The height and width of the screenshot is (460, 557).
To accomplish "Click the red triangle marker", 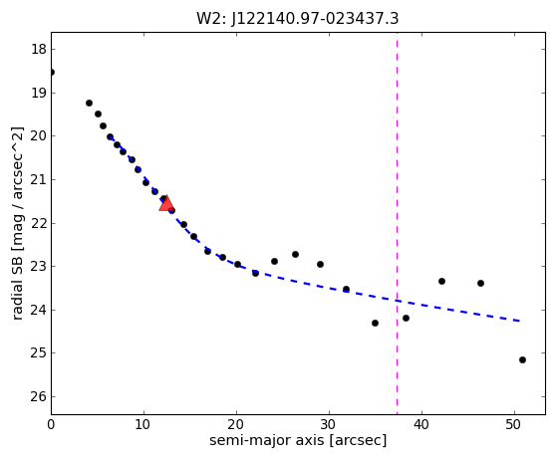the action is (x=166, y=204).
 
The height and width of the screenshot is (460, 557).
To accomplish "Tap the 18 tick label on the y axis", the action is (x=39, y=50).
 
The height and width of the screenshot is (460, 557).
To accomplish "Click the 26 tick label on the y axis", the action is (x=39, y=397).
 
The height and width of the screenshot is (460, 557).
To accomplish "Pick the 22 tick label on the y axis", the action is (x=39, y=223).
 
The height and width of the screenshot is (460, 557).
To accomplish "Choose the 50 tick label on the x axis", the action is (x=514, y=424).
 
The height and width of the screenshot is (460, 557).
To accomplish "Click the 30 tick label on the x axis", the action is (x=329, y=424).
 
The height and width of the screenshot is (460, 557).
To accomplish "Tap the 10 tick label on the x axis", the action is (x=143, y=424).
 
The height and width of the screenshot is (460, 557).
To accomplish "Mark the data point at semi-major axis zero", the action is (x=52, y=73).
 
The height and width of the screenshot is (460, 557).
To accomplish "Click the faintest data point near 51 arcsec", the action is (x=522, y=359).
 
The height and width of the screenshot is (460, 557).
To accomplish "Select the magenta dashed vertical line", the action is (x=397, y=223).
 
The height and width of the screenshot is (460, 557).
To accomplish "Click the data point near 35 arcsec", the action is (x=375, y=323).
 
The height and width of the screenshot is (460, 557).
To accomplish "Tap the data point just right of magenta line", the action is (x=406, y=318).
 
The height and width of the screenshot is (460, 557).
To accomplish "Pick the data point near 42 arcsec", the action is (x=441, y=281).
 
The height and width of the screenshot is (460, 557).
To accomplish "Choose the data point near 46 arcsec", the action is (x=480, y=283).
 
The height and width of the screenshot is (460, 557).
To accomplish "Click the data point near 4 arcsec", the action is (x=89, y=103).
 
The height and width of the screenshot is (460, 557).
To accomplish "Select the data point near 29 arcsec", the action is (x=320, y=265).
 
